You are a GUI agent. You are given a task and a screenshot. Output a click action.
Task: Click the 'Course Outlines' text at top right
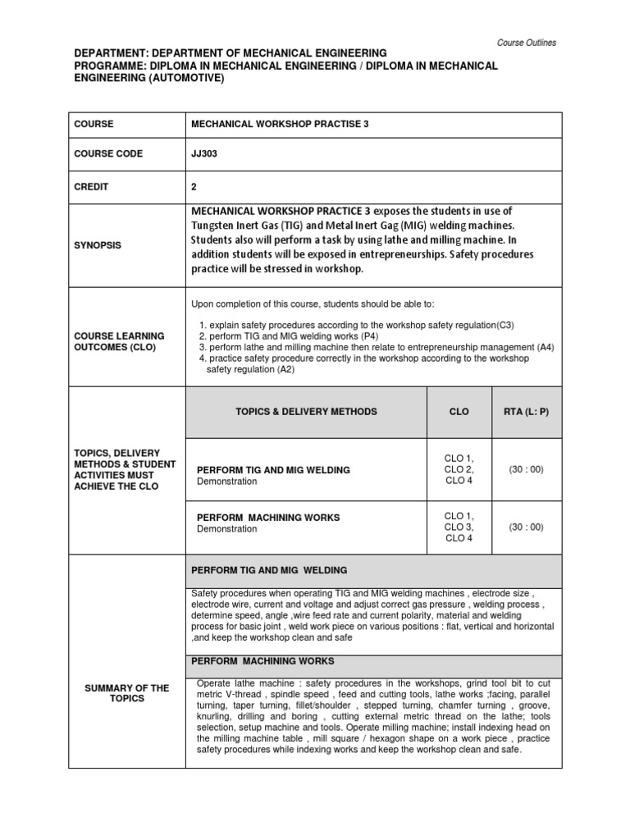click(x=526, y=43)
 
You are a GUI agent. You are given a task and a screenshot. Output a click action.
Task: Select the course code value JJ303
click(x=204, y=154)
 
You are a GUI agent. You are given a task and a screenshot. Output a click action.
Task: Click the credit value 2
click(x=194, y=186)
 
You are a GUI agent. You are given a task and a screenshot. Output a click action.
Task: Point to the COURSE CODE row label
click(x=108, y=154)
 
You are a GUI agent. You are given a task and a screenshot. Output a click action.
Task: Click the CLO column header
click(x=459, y=412)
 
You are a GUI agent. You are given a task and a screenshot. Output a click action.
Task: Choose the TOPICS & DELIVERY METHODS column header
click(x=306, y=412)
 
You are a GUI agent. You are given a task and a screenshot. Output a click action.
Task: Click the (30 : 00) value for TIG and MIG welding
click(x=526, y=470)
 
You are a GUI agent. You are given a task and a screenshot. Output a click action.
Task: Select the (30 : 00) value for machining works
click(x=526, y=527)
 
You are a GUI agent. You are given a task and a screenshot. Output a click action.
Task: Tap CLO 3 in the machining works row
click(x=459, y=527)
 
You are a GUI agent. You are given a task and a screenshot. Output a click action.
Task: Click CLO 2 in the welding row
click(x=459, y=470)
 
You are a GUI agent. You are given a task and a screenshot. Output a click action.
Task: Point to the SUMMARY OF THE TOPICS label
click(x=127, y=693)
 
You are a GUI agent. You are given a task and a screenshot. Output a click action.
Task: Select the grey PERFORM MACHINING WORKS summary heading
click(x=262, y=661)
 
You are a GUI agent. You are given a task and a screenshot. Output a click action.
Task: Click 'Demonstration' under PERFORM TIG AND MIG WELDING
click(x=227, y=482)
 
